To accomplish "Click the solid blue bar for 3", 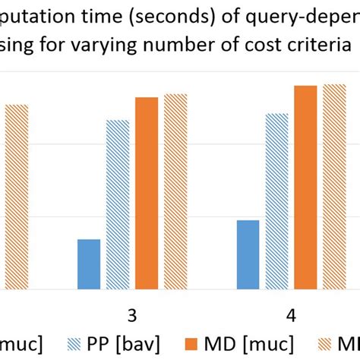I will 89,264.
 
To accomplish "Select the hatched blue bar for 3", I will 118,205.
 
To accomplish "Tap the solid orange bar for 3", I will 147,194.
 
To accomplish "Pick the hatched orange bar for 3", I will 175,191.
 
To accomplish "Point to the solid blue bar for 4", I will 248,254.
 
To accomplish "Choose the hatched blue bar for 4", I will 276,201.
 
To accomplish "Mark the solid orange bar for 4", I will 305,188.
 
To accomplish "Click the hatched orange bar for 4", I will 334,187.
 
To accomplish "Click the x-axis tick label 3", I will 131,315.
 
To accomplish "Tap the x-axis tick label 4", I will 290,315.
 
